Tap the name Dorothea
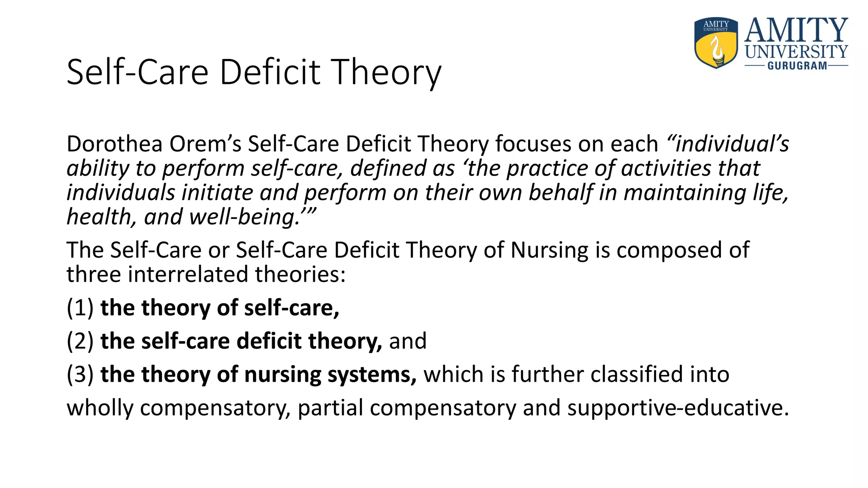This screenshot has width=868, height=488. [x=115, y=144]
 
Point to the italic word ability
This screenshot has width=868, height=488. [x=98, y=168]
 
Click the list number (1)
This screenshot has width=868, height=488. [x=80, y=308]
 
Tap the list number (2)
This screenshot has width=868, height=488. [x=80, y=341]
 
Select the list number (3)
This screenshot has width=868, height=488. [x=80, y=374]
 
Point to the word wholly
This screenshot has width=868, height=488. [x=100, y=408]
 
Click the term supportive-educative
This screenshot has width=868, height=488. [x=678, y=408]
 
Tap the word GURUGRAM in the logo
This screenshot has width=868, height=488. [x=797, y=66]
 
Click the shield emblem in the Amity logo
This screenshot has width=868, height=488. [x=716, y=43]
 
